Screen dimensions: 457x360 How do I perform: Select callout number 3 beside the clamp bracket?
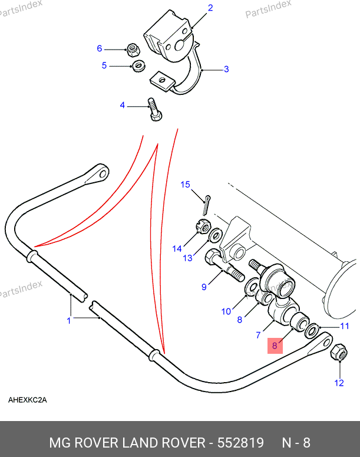226,69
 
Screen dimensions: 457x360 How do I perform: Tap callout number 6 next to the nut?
100,48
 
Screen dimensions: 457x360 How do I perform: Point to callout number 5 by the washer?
104,65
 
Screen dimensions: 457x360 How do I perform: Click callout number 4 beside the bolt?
123,106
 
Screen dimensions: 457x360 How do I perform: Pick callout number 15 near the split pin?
185,185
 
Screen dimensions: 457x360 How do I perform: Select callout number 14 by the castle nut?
177,248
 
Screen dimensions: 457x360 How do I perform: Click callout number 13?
187,258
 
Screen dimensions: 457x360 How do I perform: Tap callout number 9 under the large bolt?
204,287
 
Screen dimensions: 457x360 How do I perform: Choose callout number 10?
226,311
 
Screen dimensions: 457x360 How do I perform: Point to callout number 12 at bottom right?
339,383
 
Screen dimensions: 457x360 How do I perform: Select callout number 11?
345,326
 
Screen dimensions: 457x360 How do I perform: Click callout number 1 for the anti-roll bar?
69,321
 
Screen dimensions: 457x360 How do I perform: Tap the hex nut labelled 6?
133,48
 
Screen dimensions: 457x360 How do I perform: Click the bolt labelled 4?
155,109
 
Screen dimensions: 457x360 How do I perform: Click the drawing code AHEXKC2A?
27,400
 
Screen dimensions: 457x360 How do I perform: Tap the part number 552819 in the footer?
240,443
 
